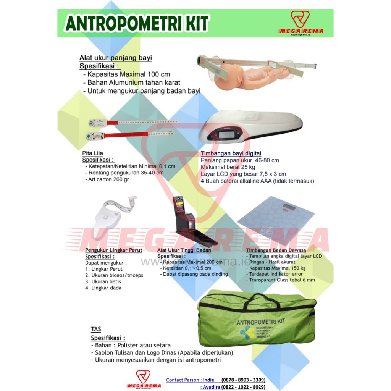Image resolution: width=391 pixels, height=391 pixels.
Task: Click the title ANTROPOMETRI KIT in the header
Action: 137,24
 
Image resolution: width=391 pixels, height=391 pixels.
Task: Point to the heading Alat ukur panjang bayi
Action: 115,58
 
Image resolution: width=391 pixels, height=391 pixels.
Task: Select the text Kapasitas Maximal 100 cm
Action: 129,74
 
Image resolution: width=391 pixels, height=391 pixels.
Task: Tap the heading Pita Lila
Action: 93,153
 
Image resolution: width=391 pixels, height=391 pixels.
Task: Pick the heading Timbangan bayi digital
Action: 231,154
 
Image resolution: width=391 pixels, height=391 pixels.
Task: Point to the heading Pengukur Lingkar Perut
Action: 113,250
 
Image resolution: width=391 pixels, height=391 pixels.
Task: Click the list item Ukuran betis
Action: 103,281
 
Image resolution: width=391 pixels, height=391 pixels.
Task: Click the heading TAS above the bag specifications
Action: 96,329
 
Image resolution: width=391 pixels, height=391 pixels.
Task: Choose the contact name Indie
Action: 208,380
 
